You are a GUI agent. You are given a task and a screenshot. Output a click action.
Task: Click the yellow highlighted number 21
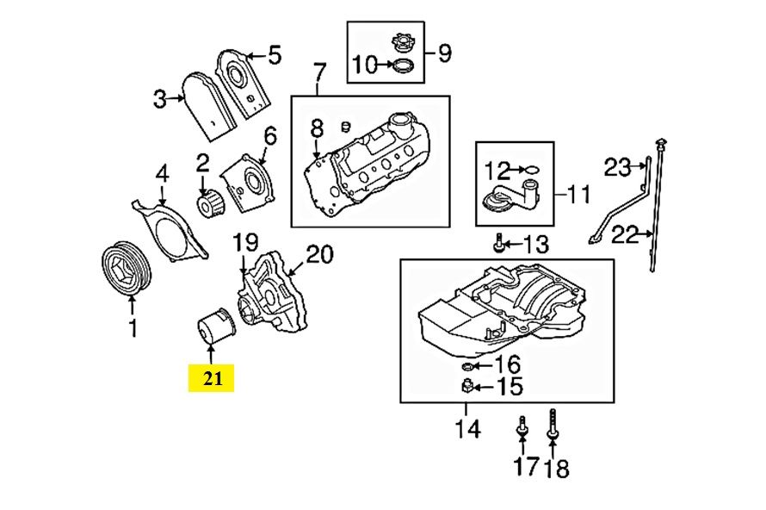pyautogui.click(x=211, y=377)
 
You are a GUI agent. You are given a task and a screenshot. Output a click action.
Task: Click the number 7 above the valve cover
pyautogui.click(x=319, y=71)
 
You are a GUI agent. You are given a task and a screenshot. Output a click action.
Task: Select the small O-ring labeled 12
pyautogui.click(x=533, y=168)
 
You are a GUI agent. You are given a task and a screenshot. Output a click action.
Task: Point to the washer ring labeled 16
pyautogui.click(x=469, y=369)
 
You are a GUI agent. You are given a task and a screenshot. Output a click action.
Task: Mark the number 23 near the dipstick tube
pyautogui.click(x=617, y=169)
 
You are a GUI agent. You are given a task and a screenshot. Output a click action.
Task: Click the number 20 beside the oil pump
pyautogui.click(x=319, y=254)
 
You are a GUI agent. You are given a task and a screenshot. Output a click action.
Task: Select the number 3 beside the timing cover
pyautogui.click(x=159, y=101)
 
